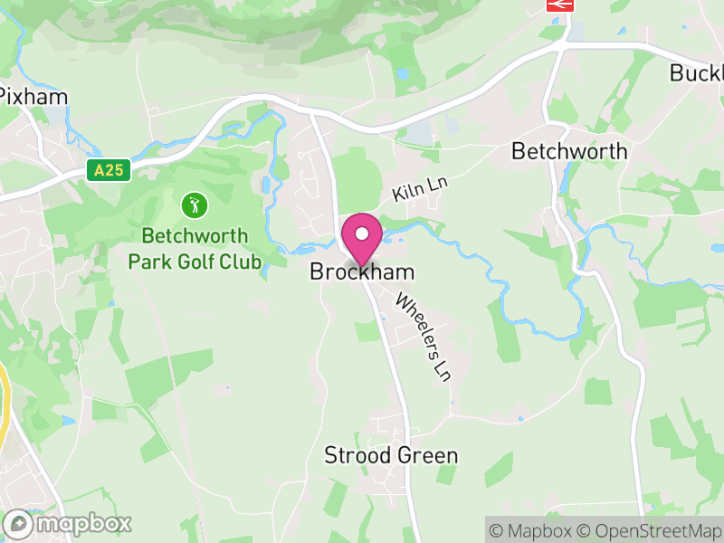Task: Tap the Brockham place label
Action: [x=362, y=271]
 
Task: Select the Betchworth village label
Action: [x=569, y=151]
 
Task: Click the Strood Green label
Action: [x=391, y=455]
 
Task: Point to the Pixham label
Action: [x=33, y=96]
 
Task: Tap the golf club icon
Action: [x=193, y=205]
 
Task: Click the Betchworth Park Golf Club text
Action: [x=194, y=249]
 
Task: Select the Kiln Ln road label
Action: [x=421, y=189]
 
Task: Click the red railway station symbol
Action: [x=560, y=5]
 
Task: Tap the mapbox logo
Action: [x=69, y=523]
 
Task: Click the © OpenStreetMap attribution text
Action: [x=651, y=530]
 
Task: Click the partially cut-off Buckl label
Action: [x=696, y=73]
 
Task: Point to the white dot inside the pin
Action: [x=362, y=233]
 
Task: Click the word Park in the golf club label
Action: [x=147, y=262]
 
